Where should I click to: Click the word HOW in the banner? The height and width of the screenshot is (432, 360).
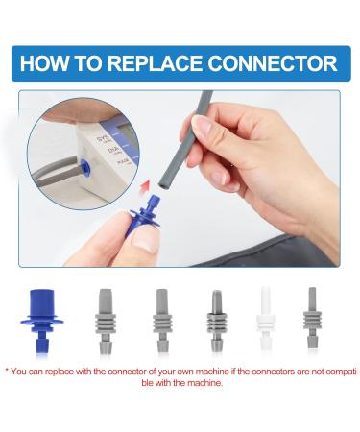click(44, 63)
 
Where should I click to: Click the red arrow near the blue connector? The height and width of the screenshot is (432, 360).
click(146, 185)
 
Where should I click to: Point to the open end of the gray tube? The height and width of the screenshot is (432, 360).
click(164, 186)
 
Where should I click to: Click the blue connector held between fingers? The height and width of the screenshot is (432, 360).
click(145, 215)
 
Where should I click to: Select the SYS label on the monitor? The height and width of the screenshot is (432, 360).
click(104, 140)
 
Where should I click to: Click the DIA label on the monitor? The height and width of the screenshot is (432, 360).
click(113, 151)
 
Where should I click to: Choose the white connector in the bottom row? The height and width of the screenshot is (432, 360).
click(266, 319)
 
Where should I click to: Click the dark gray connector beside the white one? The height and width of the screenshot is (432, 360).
click(217, 321)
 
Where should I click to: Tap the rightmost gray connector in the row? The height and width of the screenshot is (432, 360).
click(312, 318)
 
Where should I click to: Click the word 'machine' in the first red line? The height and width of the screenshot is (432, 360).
click(212, 372)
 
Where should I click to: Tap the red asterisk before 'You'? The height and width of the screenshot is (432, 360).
click(7, 371)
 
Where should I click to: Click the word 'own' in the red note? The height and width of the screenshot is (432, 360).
click(184, 372)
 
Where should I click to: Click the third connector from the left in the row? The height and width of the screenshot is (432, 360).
click(162, 321)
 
